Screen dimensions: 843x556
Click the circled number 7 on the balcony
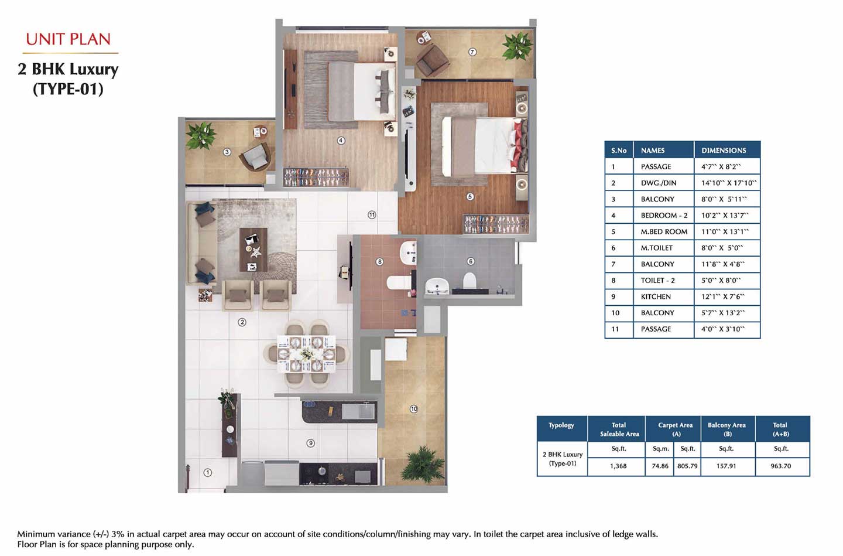[472, 52]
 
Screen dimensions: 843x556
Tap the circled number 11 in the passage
[372, 214]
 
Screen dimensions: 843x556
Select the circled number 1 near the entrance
[207, 472]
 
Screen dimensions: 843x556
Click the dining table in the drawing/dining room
[306, 354]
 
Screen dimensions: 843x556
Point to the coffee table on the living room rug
[253, 250]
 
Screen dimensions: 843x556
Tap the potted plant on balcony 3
[201, 135]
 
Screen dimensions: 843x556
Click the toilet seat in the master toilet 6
[470, 280]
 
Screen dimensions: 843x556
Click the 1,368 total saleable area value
[618, 466]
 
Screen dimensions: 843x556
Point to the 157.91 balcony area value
[726, 466]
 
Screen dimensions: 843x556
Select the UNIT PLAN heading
[68, 40]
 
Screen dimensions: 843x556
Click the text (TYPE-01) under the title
[68, 89]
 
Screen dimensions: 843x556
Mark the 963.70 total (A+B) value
[780, 466]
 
